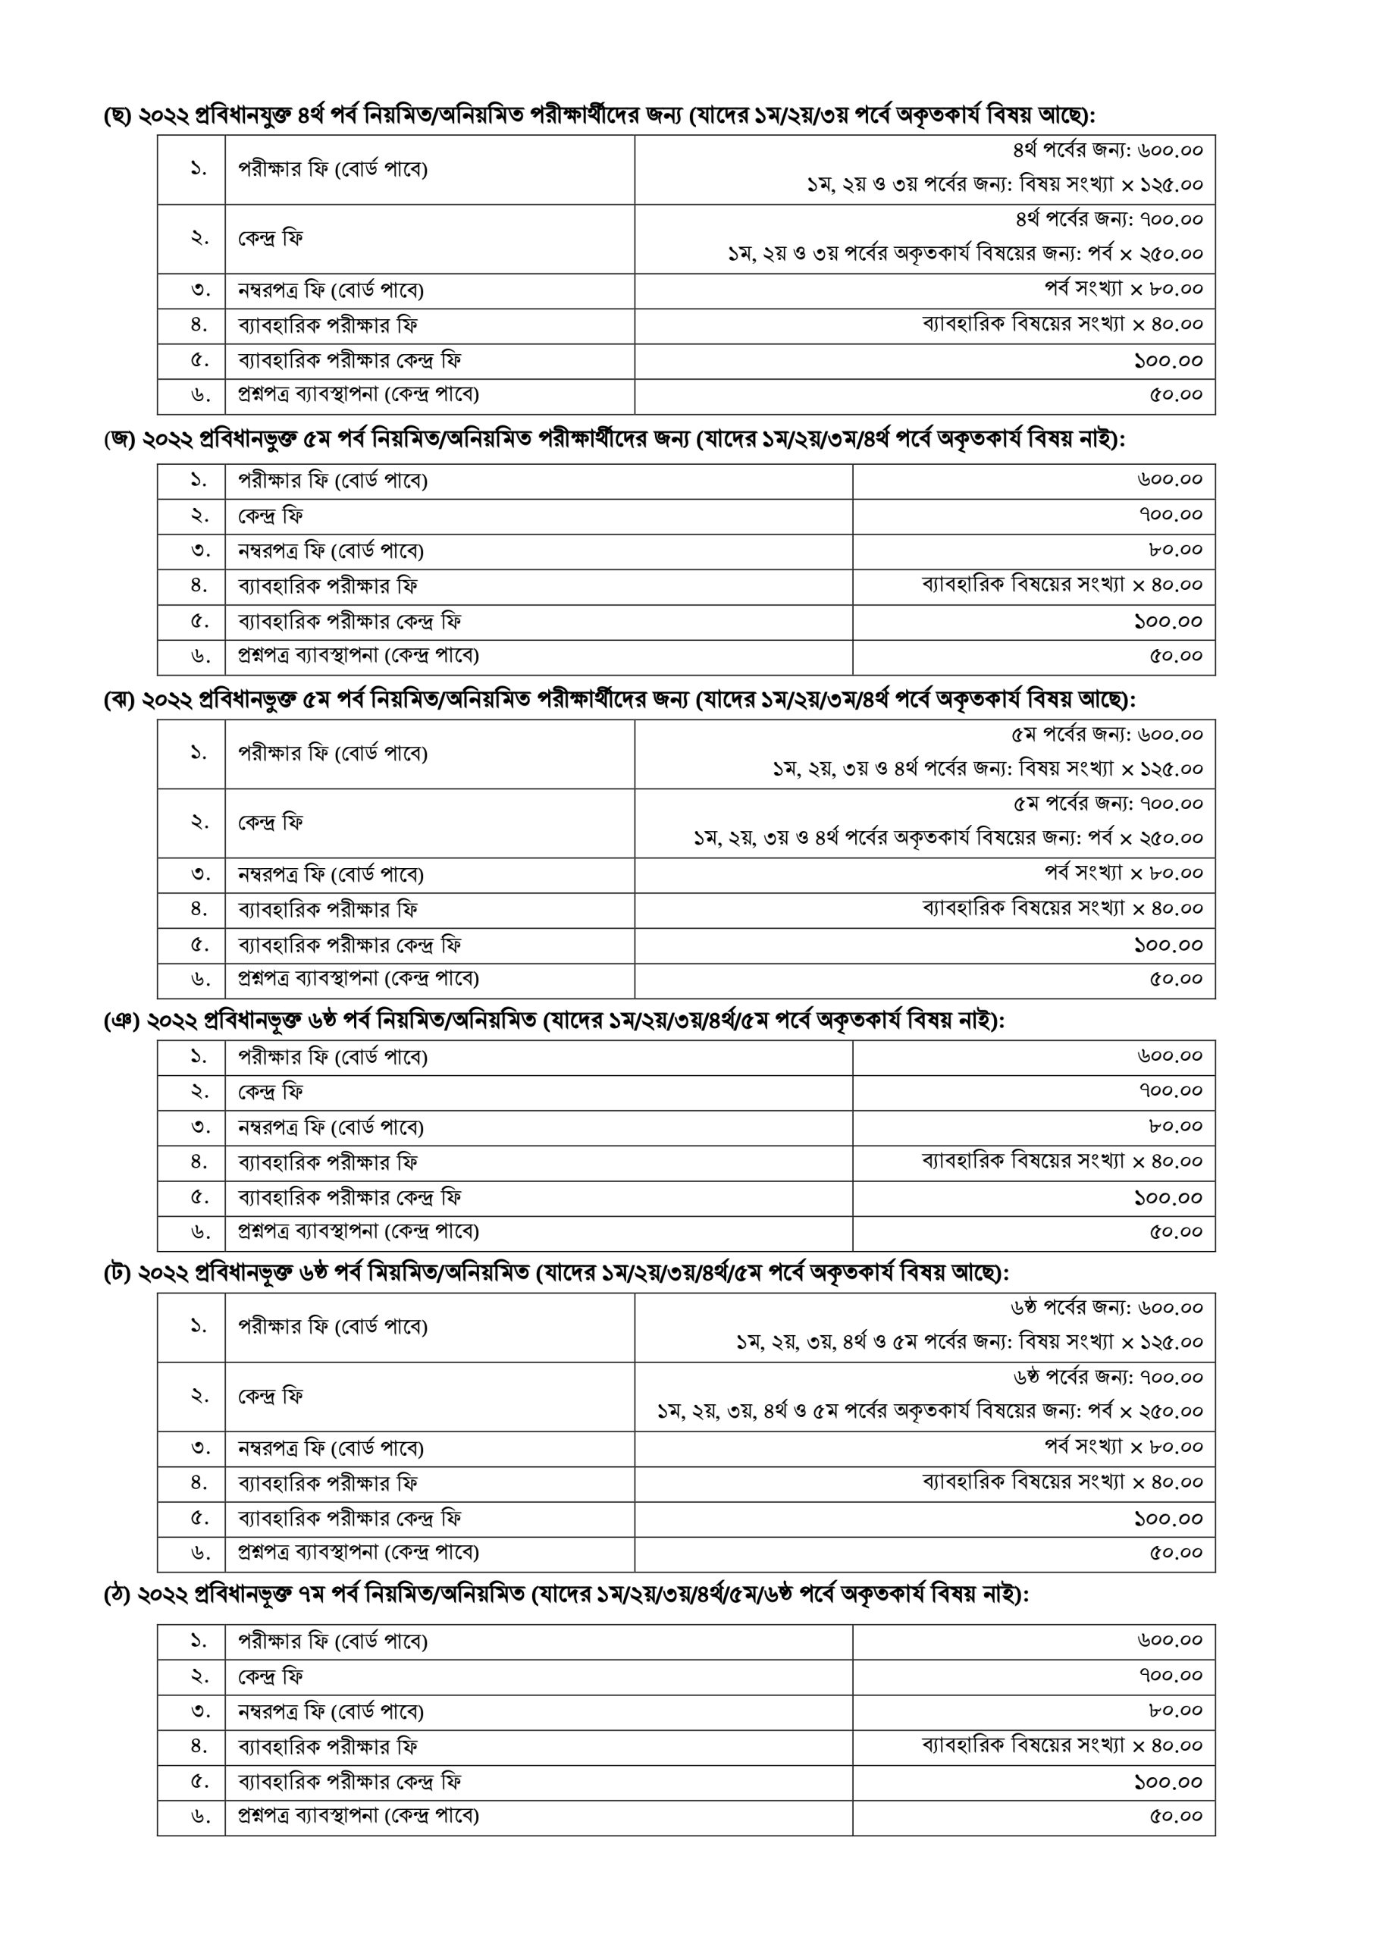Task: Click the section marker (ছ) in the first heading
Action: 117,115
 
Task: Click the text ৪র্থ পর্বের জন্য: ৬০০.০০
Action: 1107,150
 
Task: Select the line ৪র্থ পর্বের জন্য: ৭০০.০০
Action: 1108,220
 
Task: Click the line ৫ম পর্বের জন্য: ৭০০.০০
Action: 1108,803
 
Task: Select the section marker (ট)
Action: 117,1273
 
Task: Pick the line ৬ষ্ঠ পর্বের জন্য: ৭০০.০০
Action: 1108,1377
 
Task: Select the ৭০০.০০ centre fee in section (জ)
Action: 1170,515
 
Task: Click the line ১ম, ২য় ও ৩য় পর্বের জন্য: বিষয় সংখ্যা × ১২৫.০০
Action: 1004,184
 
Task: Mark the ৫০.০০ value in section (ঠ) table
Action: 1175,1816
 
